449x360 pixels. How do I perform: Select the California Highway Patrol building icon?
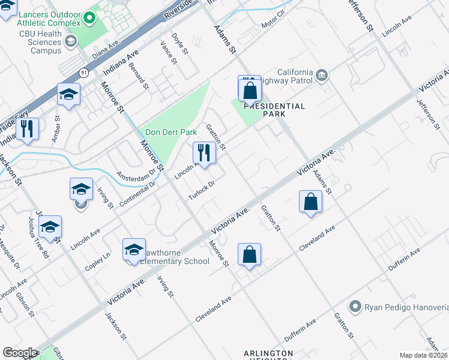click(x=322, y=74)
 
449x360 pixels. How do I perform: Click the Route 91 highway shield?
click(x=83, y=73)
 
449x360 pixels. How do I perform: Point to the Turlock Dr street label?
click(x=201, y=190)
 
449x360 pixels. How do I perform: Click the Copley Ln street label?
click(x=98, y=262)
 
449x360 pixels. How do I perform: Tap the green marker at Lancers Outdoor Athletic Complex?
click(x=89, y=17)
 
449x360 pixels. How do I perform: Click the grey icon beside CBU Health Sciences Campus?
click(x=71, y=41)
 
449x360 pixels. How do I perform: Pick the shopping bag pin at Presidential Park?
click(x=250, y=91)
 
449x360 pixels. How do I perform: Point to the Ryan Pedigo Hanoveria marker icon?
click(x=356, y=307)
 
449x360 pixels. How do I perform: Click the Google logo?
click(x=20, y=353)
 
